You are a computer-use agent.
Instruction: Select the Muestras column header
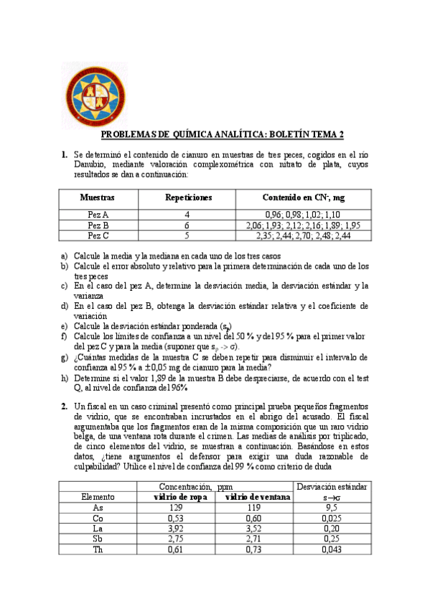coord(98,197)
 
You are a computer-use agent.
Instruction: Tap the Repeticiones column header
coord(188,197)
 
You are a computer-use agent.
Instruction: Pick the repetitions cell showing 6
coord(187,225)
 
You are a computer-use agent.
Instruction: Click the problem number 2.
coord(64,406)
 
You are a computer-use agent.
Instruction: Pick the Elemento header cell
coord(98,496)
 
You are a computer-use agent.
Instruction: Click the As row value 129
coord(177,507)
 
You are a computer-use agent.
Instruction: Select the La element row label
coord(98,528)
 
